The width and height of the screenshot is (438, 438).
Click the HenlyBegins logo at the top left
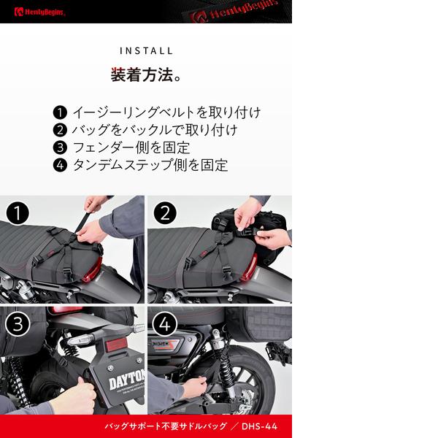[39, 12]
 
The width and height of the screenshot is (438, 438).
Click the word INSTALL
[146, 51]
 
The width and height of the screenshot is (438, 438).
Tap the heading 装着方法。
[146, 75]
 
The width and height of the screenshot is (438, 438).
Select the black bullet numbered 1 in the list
[60, 112]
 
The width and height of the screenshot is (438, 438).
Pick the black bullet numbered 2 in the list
[60, 130]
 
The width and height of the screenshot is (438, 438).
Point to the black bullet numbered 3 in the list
[60, 147]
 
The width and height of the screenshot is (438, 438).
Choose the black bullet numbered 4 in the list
[60, 165]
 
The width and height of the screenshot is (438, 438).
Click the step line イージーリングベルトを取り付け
[166, 112]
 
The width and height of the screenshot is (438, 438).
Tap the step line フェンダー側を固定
[131, 147]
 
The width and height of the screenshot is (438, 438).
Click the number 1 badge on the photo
[18, 213]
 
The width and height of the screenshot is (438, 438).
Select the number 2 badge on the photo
[165, 213]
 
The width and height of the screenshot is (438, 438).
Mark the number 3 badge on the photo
[18, 324]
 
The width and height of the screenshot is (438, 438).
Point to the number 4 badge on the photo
[165, 324]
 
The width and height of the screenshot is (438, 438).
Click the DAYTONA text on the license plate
[127, 380]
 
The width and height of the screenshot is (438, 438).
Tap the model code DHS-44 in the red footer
[259, 426]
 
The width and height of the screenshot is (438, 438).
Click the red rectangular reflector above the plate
[116, 345]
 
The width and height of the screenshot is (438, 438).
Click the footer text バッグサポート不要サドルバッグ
[166, 426]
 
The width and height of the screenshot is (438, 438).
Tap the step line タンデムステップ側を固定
[150, 165]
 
